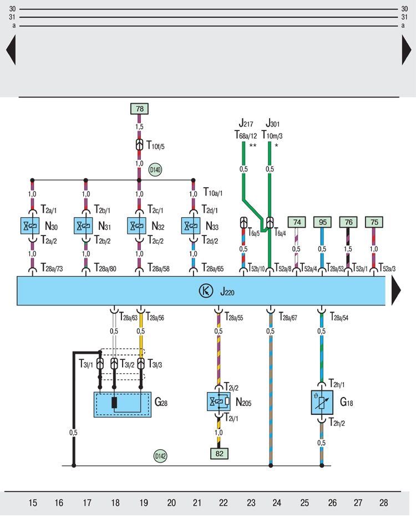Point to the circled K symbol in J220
click(x=204, y=290)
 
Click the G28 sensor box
click(x=122, y=404)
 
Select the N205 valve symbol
click(x=219, y=401)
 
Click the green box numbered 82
click(x=219, y=453)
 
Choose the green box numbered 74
click(x=297, y=222)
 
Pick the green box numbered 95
click(x=322, y=222)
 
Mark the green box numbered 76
click(x=348, y=222)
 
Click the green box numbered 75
click(x=374, y=222)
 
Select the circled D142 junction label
click(x=160, y=456)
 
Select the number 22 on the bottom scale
click(x=223, y=503)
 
